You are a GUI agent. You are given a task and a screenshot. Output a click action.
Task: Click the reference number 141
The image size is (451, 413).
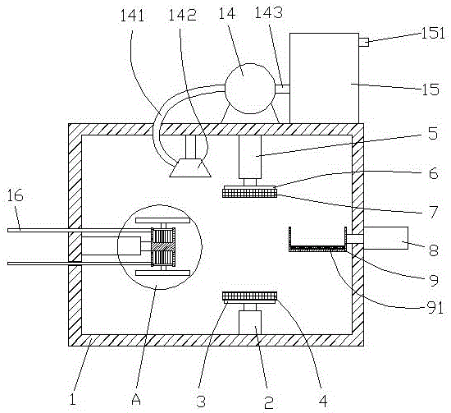tap(132, 16)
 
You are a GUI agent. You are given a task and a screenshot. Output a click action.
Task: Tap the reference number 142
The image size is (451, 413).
tap(182, 15)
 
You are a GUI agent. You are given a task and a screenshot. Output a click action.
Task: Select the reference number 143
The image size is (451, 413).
tap(269, 12)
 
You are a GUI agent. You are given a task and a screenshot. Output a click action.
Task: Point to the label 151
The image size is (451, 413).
tap(433, 33)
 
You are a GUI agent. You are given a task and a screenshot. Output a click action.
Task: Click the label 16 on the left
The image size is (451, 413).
tap(15, 196)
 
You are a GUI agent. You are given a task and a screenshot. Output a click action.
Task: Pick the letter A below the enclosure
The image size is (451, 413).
tap(136, 399)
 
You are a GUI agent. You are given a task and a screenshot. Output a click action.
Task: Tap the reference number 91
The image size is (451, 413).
tap(435, 308)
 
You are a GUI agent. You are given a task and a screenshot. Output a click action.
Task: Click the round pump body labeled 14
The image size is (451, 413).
tap(249, 89)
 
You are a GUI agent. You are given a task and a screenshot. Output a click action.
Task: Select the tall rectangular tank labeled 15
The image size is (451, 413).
tap(324, 78)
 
